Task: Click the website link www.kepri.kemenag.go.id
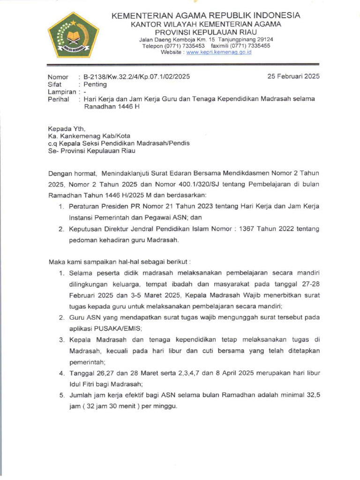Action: coord(219,52)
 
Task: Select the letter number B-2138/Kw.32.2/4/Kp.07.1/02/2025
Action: coord(137,76)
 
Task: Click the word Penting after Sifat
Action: coord(95,84)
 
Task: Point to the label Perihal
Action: coord(59,99)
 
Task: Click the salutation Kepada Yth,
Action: coord(67,127)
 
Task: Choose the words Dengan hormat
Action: coord(70,172)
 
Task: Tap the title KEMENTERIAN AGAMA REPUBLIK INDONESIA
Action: coord(206,15)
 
